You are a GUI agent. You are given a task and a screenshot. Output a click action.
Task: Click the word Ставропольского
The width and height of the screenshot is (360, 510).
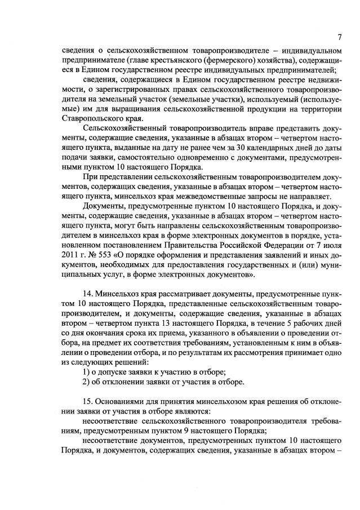[x=95, y=119]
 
